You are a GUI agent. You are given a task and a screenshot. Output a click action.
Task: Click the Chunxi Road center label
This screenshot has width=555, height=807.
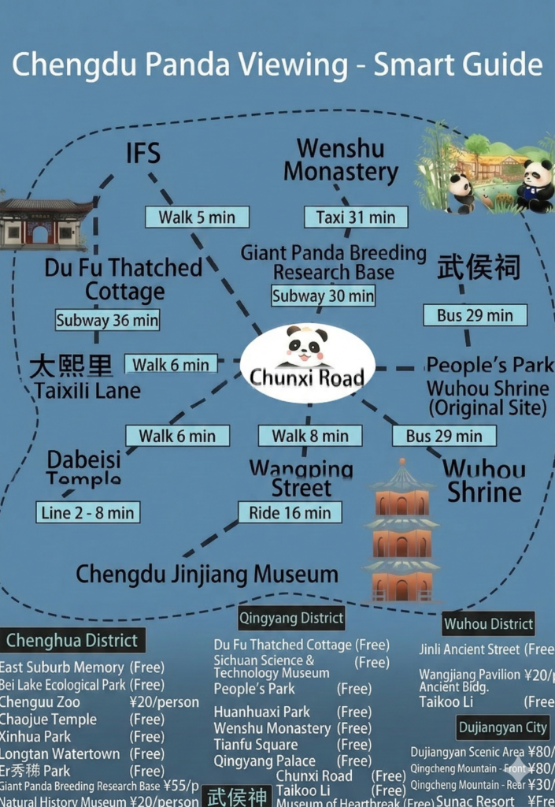pos(307,377)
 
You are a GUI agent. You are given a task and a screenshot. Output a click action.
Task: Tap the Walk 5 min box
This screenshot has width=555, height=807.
pos(197,217)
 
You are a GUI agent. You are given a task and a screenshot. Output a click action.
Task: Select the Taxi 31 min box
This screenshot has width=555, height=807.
pos(356,217)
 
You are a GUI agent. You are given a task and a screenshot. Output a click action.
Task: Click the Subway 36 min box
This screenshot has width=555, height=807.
pos(108,321)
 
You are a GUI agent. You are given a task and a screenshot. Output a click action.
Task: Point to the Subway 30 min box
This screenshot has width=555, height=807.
pos(323,296)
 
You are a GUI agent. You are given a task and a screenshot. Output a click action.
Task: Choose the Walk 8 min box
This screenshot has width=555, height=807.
pos(310,436)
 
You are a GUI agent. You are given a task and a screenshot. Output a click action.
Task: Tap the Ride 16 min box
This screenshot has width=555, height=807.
pos(290,513)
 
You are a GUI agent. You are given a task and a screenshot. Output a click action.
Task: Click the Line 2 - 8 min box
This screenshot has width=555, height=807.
pos(87,513)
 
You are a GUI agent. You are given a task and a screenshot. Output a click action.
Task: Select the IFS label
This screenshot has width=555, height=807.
pos(142,153)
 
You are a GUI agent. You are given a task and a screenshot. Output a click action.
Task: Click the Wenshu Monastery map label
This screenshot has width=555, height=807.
pos(341,160)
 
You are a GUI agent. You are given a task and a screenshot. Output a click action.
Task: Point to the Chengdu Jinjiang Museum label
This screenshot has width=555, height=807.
pos(207,574)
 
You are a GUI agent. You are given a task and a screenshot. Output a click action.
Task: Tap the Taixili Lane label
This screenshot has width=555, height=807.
pos(87,390)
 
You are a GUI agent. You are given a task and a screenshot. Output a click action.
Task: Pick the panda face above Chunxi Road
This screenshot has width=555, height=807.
pos(306,345)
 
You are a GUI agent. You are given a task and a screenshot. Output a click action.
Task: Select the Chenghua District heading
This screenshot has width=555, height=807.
pos(72,641)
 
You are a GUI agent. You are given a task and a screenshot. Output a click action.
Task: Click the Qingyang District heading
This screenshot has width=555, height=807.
pos(291,618)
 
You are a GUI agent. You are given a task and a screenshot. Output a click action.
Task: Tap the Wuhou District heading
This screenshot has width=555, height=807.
pos(488,624)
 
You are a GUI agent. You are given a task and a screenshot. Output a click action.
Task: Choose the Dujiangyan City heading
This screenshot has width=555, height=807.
pos(503,727)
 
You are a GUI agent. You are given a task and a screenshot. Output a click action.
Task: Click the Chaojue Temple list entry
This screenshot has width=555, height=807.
pos(49,720)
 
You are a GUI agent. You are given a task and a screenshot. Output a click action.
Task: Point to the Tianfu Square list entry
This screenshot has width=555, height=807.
pos(256,745)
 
